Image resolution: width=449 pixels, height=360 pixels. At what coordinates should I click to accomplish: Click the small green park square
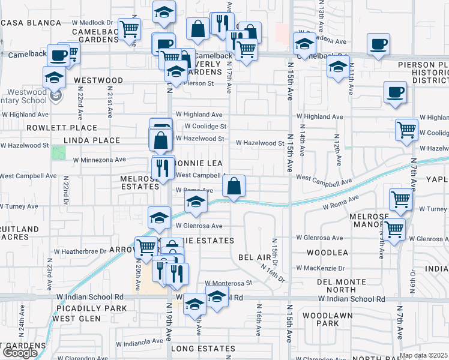59,152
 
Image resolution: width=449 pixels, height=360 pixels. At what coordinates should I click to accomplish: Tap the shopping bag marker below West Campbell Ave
234,186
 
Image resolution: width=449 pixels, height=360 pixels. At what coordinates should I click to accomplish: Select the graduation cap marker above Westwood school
54,77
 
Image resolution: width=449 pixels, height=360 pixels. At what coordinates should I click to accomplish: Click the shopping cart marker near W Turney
400,199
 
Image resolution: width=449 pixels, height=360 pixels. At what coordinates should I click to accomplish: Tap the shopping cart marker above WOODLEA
394,229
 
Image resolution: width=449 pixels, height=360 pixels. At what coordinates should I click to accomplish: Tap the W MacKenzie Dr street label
321,268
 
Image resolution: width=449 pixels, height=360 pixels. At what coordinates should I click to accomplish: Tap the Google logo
19,353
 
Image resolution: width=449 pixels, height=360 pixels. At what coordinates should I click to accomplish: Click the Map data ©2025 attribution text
423,356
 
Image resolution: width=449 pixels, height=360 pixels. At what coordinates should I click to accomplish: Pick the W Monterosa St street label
228,283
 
